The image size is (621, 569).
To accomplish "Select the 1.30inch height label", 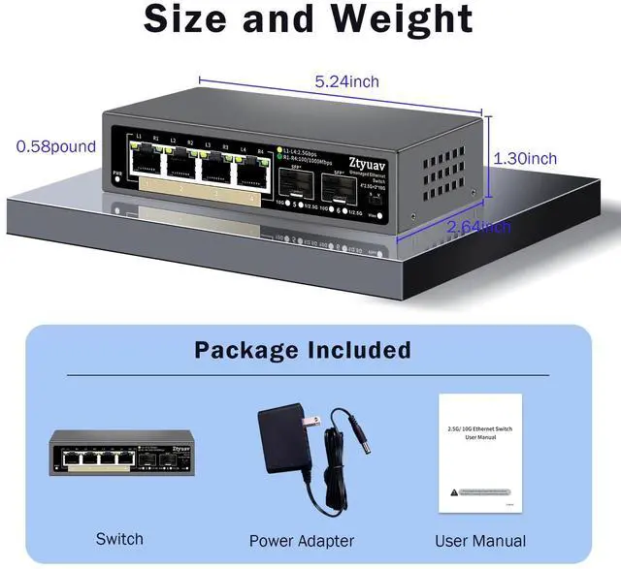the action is [x=525, y=158].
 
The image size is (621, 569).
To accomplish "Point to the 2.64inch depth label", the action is [x=478, y=227].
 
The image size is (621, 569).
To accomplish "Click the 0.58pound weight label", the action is [x=56, y=146].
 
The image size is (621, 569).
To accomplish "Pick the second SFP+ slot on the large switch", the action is [x=340, y=193].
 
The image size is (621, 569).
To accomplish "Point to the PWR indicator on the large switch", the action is [x=117, y=175].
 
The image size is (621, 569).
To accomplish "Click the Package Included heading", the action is [x=302, y=350].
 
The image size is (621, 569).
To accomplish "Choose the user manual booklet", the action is [x=481, y=456].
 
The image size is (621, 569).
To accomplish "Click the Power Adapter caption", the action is [x=302, y=541].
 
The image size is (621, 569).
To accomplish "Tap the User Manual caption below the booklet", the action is [x=481, y=541].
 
